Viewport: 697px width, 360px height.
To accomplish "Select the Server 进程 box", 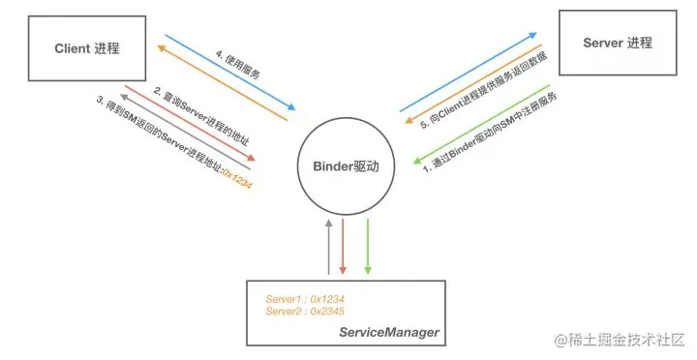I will point(617,43).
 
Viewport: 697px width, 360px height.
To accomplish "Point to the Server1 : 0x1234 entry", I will point(305,298).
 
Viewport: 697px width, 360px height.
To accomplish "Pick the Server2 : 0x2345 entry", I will point(305,312).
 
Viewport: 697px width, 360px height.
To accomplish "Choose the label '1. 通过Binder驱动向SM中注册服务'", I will point(494,131).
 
